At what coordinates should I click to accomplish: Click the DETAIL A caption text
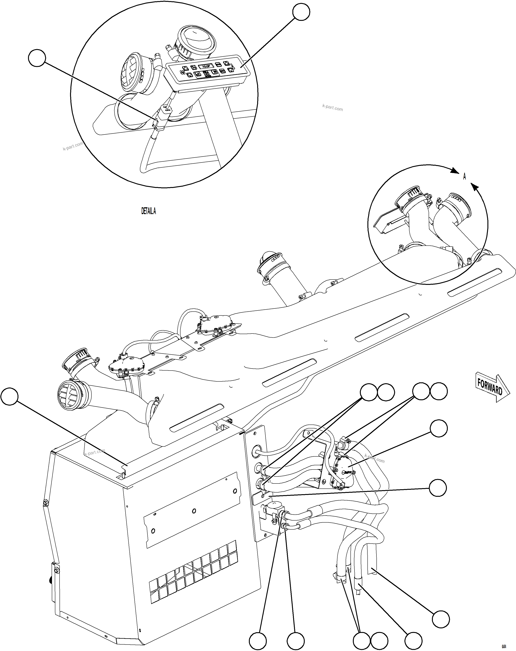149,211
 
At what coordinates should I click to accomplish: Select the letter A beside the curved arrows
465,177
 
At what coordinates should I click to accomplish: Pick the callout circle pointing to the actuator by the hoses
438,428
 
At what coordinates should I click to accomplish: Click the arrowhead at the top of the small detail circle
454,171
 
